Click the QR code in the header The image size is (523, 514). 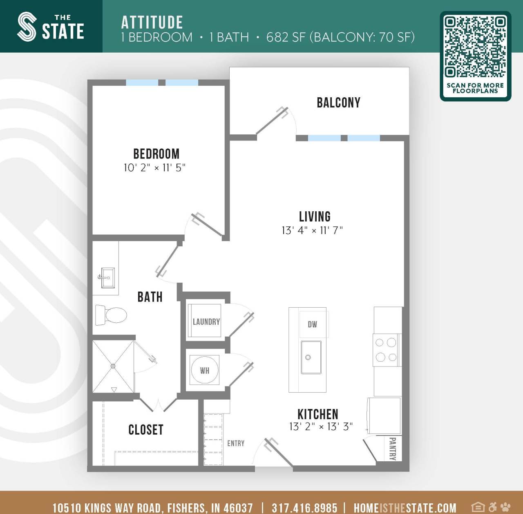[475, 47]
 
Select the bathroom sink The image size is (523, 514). [107, 278]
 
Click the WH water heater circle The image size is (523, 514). [205, 370]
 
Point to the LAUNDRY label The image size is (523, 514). [206, 322]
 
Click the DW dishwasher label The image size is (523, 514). [313, 324]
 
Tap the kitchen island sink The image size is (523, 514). [311, 357]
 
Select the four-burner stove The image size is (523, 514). [386, 350]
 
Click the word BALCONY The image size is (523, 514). [339, 103]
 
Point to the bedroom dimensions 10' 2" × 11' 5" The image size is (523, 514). [154, 168]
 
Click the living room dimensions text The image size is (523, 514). [312, 230]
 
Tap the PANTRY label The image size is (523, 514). [393, 449]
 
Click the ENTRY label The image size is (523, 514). [236, 443]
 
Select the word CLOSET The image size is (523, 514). [146, 430]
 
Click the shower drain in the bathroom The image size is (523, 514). [113, 367]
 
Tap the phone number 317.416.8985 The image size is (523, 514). [304, 507]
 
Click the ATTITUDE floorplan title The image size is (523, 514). [152, 22]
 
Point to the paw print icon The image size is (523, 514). [505, 507]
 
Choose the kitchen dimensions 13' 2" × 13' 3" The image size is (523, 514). [321, 427]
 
